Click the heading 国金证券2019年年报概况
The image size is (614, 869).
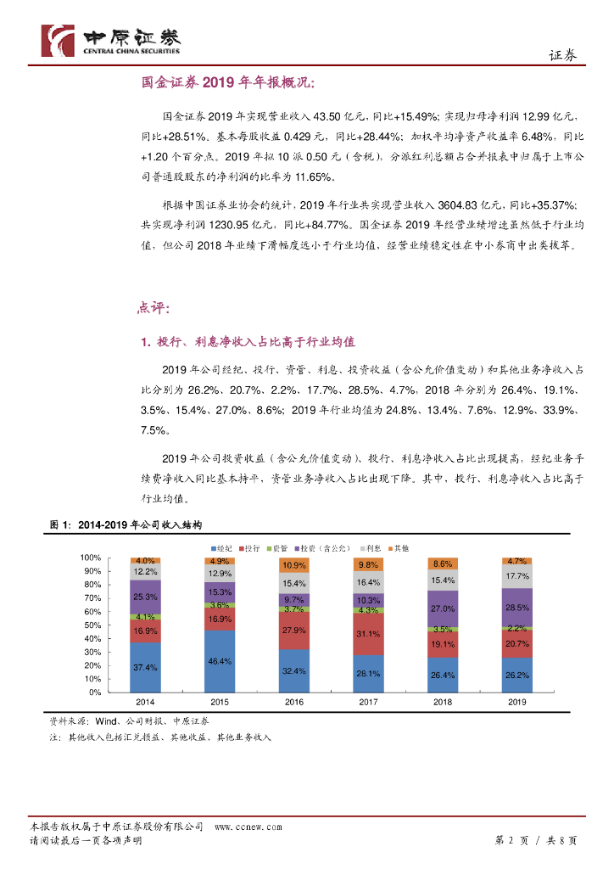click(227, 82)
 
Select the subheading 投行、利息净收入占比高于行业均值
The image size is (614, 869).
click(246, 342)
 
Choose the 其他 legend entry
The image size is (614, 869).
click(398, 549)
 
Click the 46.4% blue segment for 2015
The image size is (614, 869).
click(220, 660)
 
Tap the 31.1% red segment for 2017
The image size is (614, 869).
click(368, 634)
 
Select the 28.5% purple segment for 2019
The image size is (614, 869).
click(516, 608)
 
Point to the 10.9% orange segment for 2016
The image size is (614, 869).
click(294, 565)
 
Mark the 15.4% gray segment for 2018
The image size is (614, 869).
click(443, 580)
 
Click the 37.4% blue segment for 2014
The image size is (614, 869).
click(146, 667)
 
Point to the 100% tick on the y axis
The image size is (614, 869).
click(91, 558)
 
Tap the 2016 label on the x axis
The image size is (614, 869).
click(294, 702)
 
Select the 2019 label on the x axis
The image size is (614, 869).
click(516, 702)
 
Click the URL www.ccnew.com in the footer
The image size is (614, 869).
click(248, 827)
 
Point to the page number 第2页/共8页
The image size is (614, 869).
click(535, 840)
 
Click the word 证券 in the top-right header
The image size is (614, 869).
click(562, 55)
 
